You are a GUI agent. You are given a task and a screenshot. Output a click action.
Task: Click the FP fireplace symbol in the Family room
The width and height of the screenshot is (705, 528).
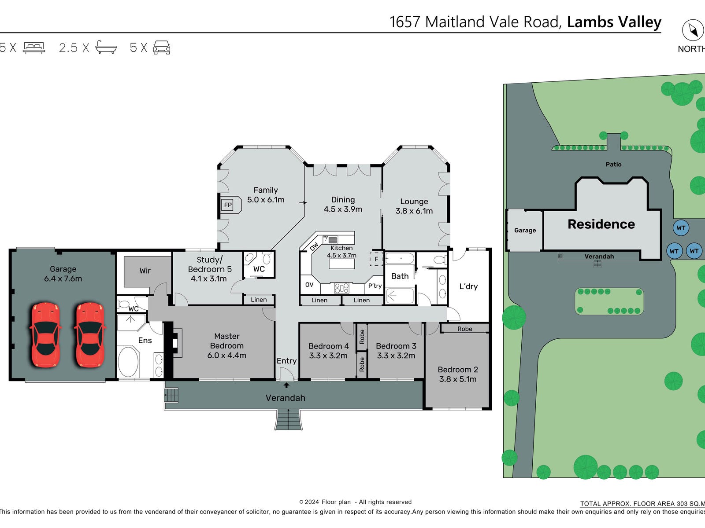[x=228, y=205]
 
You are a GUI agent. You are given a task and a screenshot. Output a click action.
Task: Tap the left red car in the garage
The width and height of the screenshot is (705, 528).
[x=45, y=334]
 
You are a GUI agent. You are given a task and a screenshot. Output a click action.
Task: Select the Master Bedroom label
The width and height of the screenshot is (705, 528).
[x=226, y=341]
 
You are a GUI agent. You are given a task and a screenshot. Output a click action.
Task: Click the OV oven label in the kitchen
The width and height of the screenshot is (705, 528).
[x=309, y=285]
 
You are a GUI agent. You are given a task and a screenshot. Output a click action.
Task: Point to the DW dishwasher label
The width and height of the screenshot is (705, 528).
[x=314, y=247]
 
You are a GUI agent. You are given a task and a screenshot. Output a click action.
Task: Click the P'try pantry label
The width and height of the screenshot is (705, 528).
[x=375, y=286]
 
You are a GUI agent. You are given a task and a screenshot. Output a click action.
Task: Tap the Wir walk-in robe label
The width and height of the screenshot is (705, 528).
[x=145, y=271]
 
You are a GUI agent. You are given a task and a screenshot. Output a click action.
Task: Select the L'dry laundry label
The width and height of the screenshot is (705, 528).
[x=468, y=286]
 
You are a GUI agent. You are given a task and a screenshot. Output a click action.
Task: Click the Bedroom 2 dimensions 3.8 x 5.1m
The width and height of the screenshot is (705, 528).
[x=458, y=379]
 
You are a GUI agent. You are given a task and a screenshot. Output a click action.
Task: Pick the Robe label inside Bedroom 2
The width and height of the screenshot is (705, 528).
[x=464, y=329]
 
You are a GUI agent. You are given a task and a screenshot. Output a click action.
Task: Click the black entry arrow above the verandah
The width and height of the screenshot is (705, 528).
[x=286, y=385]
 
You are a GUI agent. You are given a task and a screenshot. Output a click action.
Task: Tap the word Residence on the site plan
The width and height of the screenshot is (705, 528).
[x=601, y=224]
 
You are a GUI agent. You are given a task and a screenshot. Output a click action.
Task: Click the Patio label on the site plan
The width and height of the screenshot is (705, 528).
[x=613, y=164]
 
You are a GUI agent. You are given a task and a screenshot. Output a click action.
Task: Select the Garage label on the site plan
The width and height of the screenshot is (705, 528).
[x=525, y=230]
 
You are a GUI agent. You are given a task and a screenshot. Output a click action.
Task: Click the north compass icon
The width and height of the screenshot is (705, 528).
[x=693, y=30]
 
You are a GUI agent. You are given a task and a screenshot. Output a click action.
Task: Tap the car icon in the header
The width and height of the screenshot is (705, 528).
[x=162, y=48]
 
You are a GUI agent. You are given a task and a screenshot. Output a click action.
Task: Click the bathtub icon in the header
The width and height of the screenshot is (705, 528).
[x=106, y=47]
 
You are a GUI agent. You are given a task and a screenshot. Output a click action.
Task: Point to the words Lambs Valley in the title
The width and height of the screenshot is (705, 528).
[x=614, y=22]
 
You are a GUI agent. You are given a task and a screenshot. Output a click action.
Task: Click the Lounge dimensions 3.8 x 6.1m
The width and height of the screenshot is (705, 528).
[x=414, y=211]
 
